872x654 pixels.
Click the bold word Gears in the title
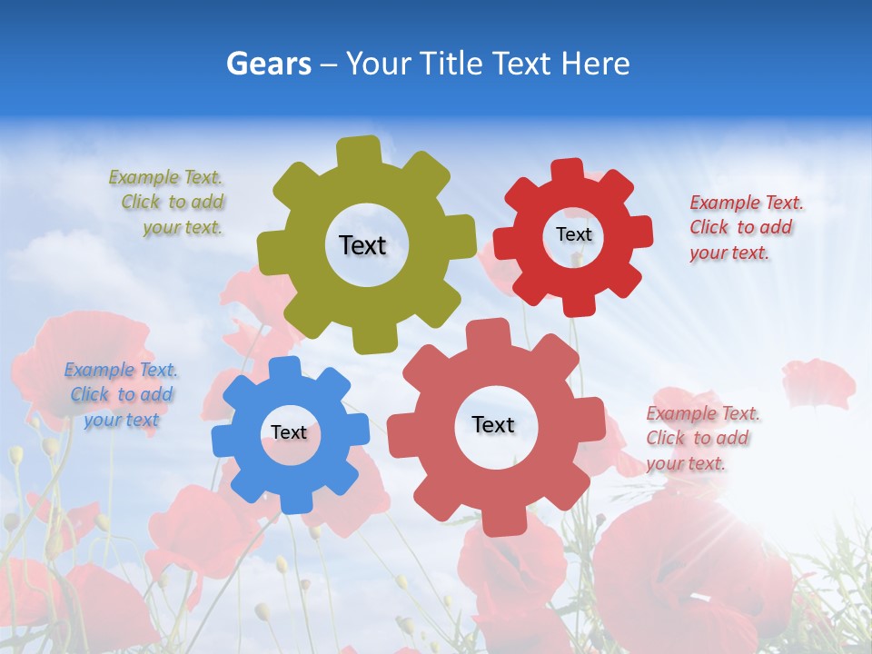[268, 64]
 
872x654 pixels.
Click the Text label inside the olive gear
[362, 245]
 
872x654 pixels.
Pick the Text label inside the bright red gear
[573, 234]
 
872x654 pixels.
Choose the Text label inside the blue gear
[288, 432]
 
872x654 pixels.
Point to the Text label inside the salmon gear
[492, 424]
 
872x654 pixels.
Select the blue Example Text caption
[121, 394]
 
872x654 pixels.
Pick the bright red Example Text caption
[746, 227]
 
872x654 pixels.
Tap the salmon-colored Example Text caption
[702, 438]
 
